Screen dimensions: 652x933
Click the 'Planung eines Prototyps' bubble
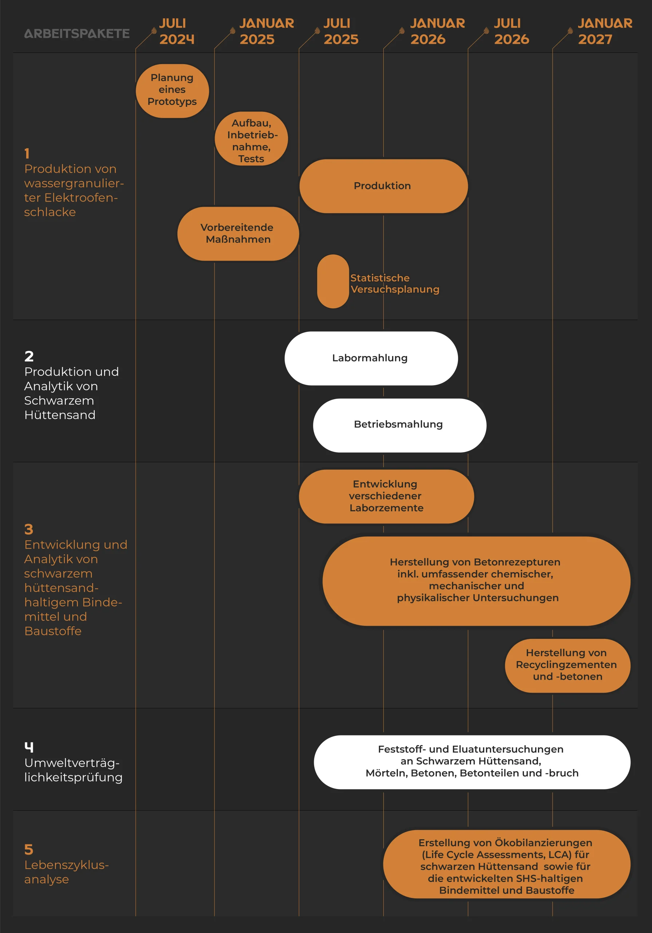172,91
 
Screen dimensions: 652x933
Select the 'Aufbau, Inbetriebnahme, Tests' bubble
251,138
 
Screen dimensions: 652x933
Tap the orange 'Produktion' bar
384,186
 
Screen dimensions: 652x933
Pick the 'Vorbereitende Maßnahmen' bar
238,234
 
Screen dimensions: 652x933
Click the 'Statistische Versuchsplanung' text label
395,284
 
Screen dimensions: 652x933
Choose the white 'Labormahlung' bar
371,358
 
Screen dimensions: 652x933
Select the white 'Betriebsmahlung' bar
399,425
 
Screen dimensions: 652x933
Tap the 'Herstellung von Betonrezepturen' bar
476,581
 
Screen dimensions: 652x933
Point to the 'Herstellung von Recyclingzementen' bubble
568,665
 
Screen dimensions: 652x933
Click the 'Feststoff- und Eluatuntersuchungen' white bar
472,762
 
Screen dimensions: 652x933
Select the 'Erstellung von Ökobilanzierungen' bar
507,864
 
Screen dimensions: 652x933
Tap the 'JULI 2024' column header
177,31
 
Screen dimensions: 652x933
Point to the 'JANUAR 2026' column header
437,31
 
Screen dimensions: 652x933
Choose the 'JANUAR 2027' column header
605,31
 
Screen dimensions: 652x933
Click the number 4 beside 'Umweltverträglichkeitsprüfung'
29,747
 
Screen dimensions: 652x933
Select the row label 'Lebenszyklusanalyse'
67,872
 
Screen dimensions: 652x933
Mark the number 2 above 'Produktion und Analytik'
29,356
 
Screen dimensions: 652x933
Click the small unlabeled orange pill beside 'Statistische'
333,281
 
